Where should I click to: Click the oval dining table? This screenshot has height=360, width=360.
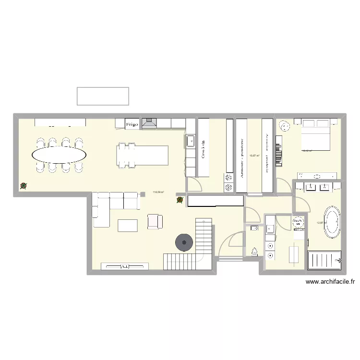click(60, 155)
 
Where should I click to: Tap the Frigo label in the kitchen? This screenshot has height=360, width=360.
click(132, 124)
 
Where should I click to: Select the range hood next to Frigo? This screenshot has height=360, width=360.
click(150, 123)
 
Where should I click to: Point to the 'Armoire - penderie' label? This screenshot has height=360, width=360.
click(242, 155)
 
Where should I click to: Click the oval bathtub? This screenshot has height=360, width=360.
click(332, 222)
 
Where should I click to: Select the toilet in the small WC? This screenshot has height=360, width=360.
click(254, 251)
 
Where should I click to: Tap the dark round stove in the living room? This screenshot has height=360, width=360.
click(184, 242)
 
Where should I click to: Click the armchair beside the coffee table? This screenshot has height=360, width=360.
click(155, 221)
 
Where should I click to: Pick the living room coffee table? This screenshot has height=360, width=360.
click(128, 225)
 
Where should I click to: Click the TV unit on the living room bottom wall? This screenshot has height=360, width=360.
click(123, 266)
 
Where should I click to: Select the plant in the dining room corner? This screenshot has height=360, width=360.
click(23, 186)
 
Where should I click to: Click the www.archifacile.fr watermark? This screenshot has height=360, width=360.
click(330, 283)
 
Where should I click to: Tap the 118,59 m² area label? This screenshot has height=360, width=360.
click(158, 192)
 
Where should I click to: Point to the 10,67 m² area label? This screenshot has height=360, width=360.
click(254, 155)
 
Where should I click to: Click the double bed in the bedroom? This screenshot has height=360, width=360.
click(315, 138)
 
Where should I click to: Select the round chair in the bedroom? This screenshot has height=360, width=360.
click(285, 126)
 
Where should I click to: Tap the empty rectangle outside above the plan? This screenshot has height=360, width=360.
click(103, 96)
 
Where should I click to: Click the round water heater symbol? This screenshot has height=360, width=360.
click(299, 222)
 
